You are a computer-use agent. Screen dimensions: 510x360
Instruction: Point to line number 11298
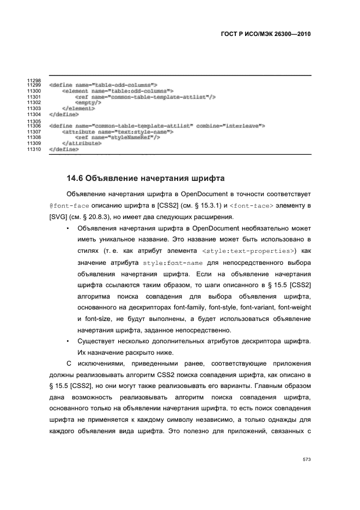click(x=34, y=81)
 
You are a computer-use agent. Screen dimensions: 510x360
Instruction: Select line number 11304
click(x=34, y=114)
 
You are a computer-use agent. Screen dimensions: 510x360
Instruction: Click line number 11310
click(x=34, y=148)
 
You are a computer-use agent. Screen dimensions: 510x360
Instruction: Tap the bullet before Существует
click(x=67, y=341)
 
